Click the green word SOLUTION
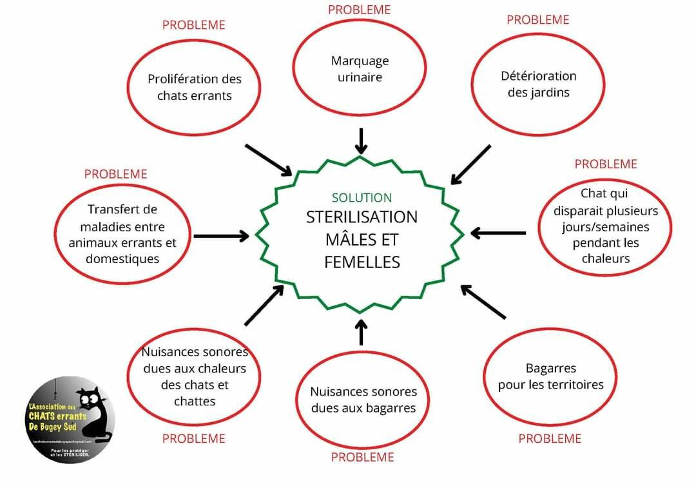[362, 198]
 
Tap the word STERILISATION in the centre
[362, 217]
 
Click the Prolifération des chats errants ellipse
[194, 87]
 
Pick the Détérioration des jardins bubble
[538, 84]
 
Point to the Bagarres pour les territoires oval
[550, 376]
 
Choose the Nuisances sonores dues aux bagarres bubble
[363, 400]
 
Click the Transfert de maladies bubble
[122, 234]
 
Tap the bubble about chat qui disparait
[605, 226]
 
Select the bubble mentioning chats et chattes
[194, 376]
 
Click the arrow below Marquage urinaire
[362, 141]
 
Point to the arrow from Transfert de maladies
[221, 236]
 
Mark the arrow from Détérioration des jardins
[471, 164]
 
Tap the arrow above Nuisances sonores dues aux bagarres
[361, 331]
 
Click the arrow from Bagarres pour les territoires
[483, 302]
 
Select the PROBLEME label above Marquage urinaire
[359, 10]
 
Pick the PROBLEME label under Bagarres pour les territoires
[550, 439]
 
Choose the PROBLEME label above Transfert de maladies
[115, 174]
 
